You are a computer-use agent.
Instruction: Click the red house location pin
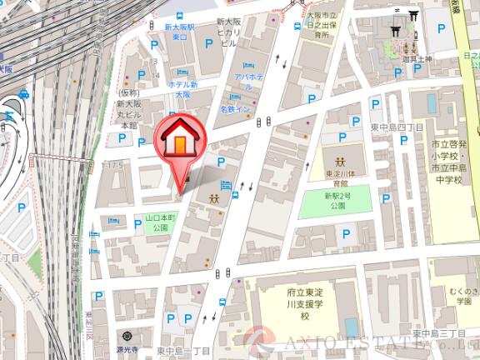pyautogui.click(x=178, y=142)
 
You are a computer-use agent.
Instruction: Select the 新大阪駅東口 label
pyautogui.click(x=179, y=32)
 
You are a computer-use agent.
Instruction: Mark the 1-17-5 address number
pyautogui.click(x=112, y=166)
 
